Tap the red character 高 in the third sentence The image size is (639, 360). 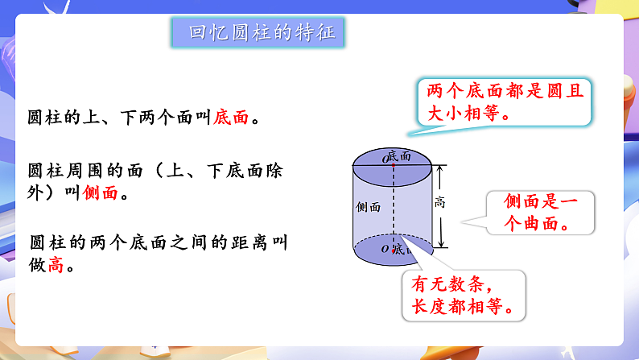56,263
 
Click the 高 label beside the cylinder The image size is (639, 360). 439,203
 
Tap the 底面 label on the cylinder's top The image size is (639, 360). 402,155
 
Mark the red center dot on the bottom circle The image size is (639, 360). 394,251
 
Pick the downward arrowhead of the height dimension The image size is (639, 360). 440,246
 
